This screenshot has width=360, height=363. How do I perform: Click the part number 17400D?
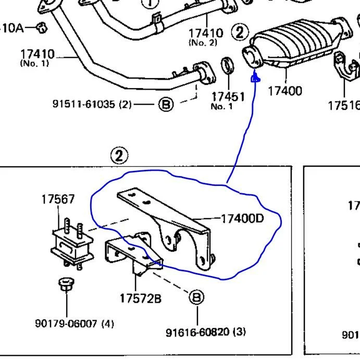pos(242,218)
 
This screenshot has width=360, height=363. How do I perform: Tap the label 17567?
pos(58,199)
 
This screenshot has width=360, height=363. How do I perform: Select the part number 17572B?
pos(140,298)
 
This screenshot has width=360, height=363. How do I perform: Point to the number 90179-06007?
pos(67,323)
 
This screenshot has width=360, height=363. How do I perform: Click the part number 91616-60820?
pos(197,332)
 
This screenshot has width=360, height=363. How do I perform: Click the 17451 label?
pos(228,97)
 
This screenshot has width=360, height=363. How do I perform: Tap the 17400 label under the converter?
pos(284,91)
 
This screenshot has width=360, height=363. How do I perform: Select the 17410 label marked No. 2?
pos(205,33)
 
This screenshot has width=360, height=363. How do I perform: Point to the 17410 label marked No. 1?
pos(37,54)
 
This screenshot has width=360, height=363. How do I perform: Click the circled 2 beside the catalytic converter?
pos(239,32)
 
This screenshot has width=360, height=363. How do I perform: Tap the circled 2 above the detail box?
pos(119,155)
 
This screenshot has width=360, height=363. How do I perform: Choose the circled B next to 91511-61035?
pos(165,105)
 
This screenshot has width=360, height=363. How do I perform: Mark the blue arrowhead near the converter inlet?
pos(255,79)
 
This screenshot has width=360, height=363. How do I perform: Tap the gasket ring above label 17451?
pos(228,67)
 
